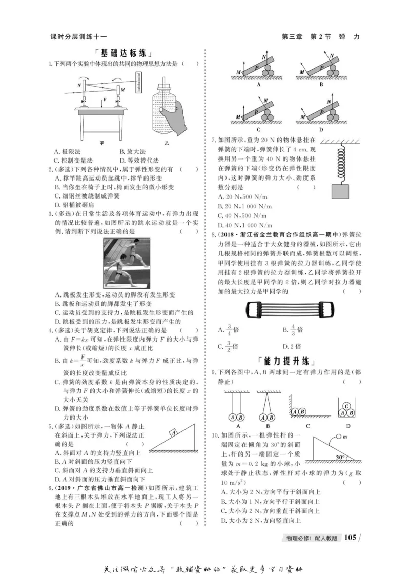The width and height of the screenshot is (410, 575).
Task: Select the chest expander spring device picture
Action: tap(286, 310)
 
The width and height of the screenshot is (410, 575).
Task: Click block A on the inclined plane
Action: tap(174, 433)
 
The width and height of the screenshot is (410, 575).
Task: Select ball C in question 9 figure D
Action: tap(346, 405)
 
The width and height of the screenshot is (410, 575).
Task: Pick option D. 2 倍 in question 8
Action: tap(292, 346)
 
